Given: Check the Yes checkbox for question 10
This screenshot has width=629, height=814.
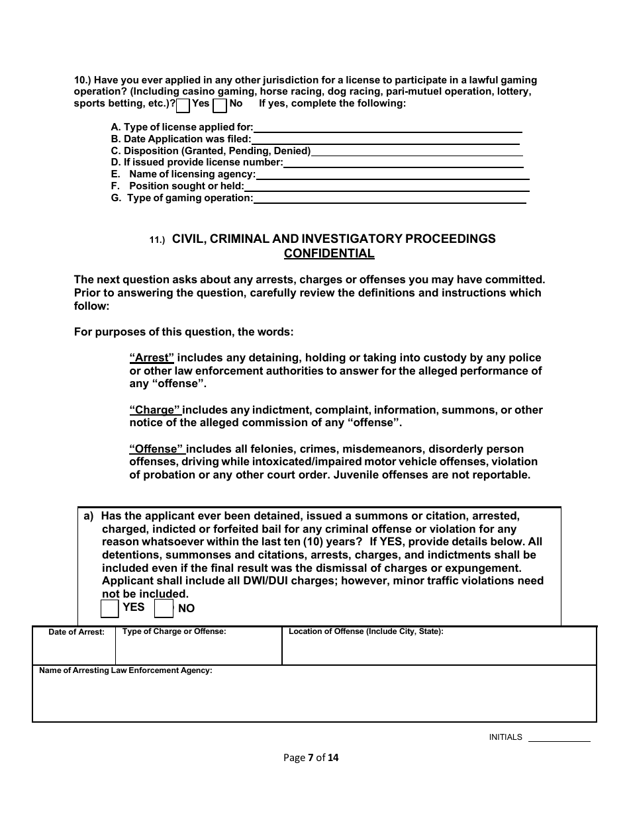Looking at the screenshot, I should pyautogui.click(x=183, y=105).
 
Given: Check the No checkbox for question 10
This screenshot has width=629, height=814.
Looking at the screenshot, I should pyautogui.click(x=220, y=105).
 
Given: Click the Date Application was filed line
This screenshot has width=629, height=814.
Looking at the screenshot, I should pyautogui.click(x=385, y=139).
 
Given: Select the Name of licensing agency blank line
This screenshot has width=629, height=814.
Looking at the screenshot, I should pyautogui.click(x=392, y=175).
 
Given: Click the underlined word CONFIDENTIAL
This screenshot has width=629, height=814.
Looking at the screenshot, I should pyautogui.click(x=329, y=253).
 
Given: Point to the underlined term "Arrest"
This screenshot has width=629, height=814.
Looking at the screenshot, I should pyautogui.click(x=152, y=358).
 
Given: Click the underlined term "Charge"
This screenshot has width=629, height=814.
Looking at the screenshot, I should pyautogui.click(x=155, y=410).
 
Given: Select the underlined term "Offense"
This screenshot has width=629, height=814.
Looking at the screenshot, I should pyautogui.click(x=157, y=449).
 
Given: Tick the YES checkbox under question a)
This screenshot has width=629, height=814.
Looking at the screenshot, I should pyautogui.click(x=109, y=608).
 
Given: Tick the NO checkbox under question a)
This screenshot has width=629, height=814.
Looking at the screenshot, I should pyautogui.click(x=164, y=608).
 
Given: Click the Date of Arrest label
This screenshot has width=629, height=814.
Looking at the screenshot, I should pyautogui.click(x=76, y=632).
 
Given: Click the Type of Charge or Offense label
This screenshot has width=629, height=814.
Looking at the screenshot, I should pyautogui.click(x=174, y=631).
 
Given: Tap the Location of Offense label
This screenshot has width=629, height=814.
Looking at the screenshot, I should pyautogui.click(x=365, y=631).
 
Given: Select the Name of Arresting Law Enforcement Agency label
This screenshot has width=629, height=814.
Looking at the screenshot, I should pyautogui.click(x=126, y=670).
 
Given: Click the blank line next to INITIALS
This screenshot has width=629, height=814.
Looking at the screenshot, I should pyautogui.click(x=558, y=737).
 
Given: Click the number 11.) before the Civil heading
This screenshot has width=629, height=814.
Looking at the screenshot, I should pyautogui.click(x=156, y=241).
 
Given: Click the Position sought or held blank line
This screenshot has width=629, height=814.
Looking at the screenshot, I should pyautogui.click(x=387, y=187).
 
